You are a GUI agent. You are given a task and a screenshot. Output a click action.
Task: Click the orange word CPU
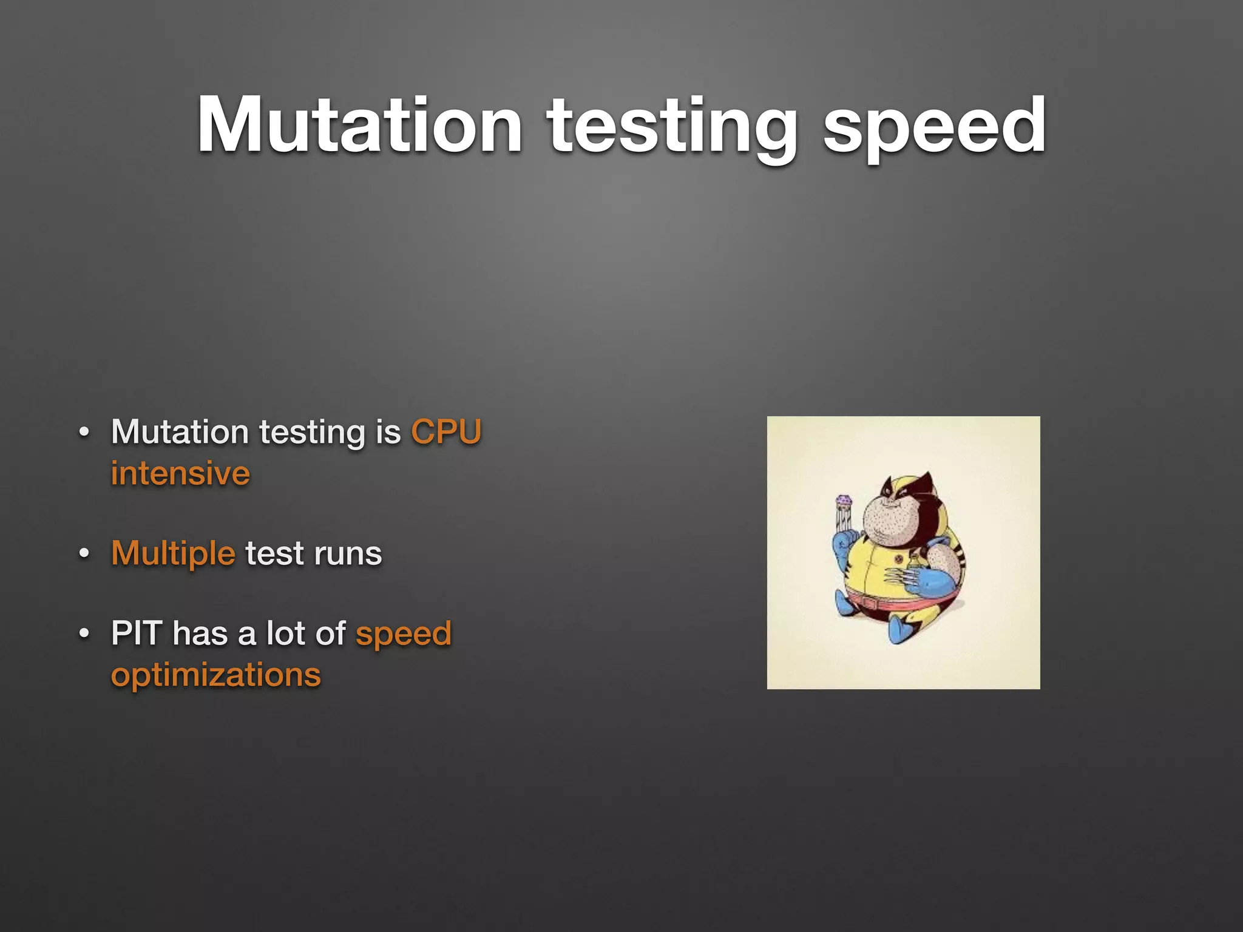(x=446, y=432)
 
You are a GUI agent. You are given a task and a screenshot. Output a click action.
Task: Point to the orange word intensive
(x=180, y=473)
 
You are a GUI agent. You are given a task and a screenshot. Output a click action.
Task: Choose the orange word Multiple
(x=173, y=553)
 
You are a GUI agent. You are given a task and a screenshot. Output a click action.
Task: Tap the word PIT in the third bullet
(x=137, y=633)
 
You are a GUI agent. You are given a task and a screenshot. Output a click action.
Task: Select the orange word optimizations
(x=215, y=675)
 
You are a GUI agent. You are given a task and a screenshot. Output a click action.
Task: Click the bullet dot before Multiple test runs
(x=84, y=554)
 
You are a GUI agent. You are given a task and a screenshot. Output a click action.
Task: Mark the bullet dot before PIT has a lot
(x=84, y=634)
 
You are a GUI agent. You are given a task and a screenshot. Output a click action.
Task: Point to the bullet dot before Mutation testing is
(x=84, y=433)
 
